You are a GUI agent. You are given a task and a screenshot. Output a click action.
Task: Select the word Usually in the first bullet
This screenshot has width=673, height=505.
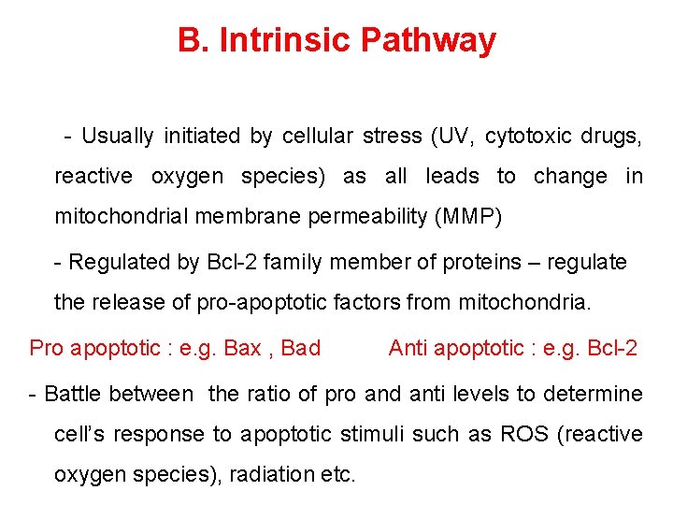tap(118, 136)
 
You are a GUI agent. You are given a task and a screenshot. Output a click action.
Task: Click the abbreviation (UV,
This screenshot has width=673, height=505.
tap(452, 136)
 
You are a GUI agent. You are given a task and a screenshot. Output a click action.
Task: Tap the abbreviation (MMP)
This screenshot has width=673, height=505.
tap(468, 217)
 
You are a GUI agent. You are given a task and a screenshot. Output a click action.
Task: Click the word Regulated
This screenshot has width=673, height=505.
tap(120, 263)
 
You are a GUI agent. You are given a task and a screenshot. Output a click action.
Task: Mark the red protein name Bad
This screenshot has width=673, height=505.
tap(300, 349)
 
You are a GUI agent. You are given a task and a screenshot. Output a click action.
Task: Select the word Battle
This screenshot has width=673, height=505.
tap(75, 394)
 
